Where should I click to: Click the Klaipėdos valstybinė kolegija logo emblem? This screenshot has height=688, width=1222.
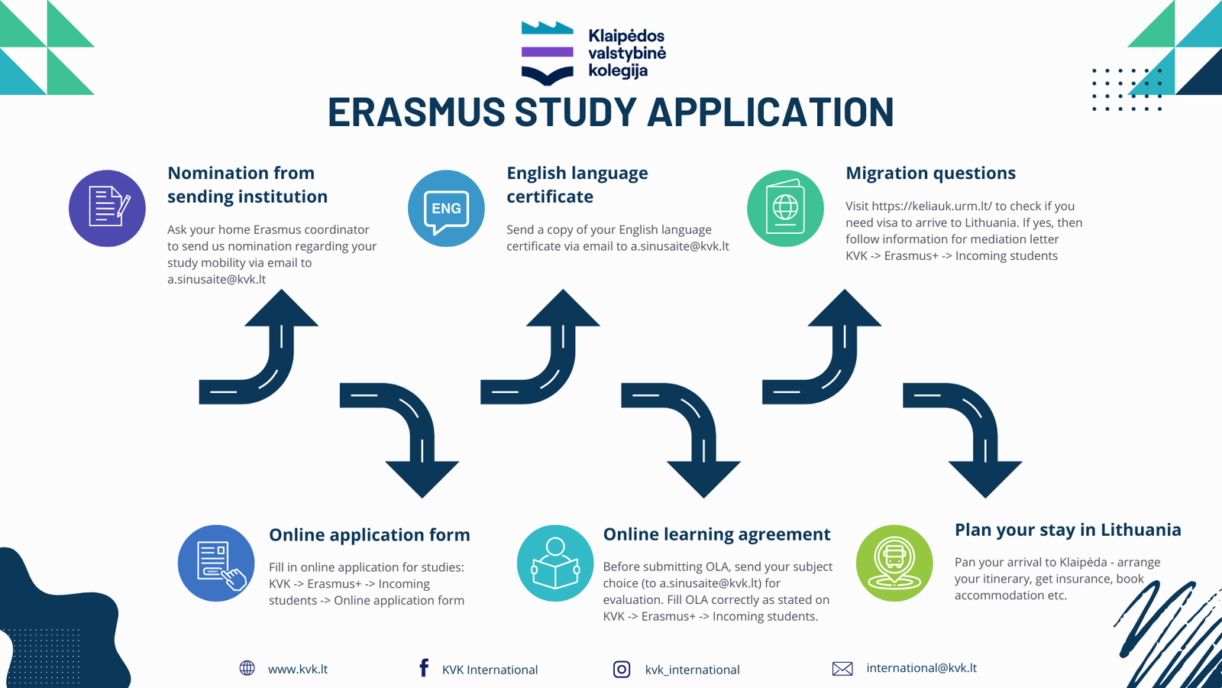click(547, 53)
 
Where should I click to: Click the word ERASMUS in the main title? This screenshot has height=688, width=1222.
click(416, 112)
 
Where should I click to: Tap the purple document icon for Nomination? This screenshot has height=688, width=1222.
click(107, 208)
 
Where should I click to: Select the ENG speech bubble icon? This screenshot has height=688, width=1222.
click(446, 208)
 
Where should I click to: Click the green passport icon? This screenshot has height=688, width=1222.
click(785, 208)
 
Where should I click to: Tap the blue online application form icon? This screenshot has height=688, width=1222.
click(216, 563)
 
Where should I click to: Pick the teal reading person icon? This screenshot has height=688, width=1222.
click(555, 563)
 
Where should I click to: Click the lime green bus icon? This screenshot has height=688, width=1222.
click(894, 563)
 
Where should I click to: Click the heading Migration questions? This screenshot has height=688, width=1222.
click(931, 173)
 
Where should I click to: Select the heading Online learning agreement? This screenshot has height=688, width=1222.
click(717, 534)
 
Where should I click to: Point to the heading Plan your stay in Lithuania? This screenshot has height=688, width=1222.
click(1068, 530)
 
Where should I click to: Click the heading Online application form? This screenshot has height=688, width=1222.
click(370, 534)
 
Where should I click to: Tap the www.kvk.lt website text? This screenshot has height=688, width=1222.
click(298, 669)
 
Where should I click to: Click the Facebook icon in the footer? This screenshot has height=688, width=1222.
click(424, 668)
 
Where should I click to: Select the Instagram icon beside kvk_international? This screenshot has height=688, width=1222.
click(622, 669)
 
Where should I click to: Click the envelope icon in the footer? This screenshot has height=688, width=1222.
click(842, 668)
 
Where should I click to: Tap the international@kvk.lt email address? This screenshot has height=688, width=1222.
click(921, 668)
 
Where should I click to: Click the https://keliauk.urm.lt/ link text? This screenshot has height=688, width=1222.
click(932, 206)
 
